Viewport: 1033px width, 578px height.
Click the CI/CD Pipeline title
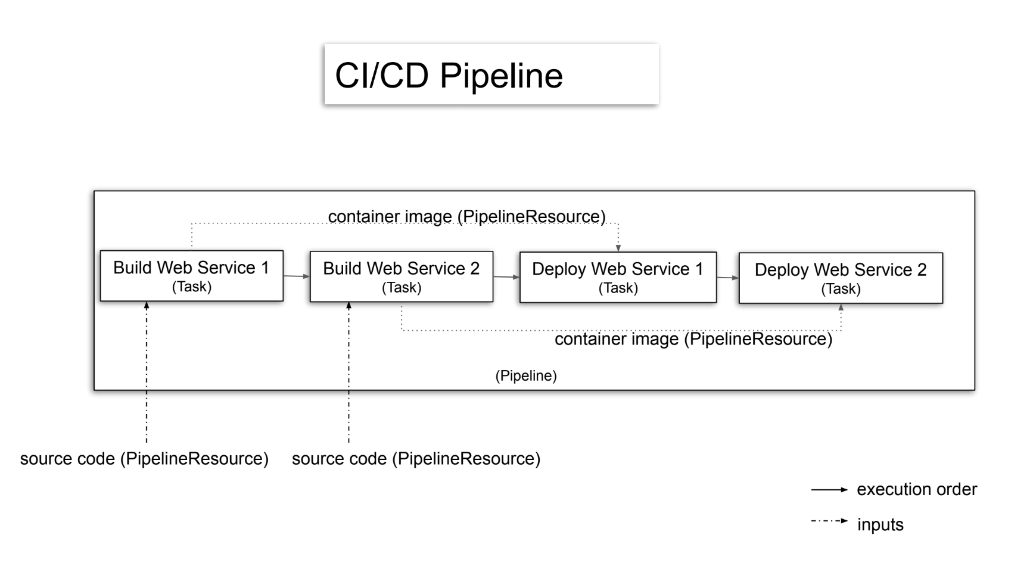(x=449, y=76)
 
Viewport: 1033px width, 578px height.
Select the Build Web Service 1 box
(x=191, y=275)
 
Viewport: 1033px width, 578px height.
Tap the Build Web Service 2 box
(x=401, y=276)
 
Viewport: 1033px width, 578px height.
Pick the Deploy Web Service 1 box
(x=617, y=277)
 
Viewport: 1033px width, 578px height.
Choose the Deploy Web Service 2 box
(x=840, y=278)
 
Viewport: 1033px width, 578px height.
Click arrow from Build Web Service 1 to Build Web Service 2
(x=296, y=276)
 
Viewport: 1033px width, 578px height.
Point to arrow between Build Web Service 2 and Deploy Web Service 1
(x=506, y=276)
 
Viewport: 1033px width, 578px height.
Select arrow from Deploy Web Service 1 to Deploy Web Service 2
(x=727, y=278)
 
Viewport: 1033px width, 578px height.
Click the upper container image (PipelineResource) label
(x=466, y=216)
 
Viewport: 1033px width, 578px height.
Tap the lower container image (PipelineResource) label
(x=693, y=339)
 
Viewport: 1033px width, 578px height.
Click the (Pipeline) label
(x=526, y=376)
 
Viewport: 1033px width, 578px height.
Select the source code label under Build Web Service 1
(x=144, y=459)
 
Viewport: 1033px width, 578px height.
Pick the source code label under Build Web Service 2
(x=416, y=459)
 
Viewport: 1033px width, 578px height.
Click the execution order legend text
(x=916, y=490)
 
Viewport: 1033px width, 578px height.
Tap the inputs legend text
(x=880, y=525)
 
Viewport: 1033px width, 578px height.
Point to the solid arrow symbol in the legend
(x=829, y=490)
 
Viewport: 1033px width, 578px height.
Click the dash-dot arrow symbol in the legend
(x=829, y=521)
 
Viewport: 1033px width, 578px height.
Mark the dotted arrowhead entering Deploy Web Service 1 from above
(x=618, y=247)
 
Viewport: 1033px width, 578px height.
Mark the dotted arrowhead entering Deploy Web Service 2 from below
(x=841, y=308)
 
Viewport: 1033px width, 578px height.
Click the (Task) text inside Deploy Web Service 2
(x=840, y=289)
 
